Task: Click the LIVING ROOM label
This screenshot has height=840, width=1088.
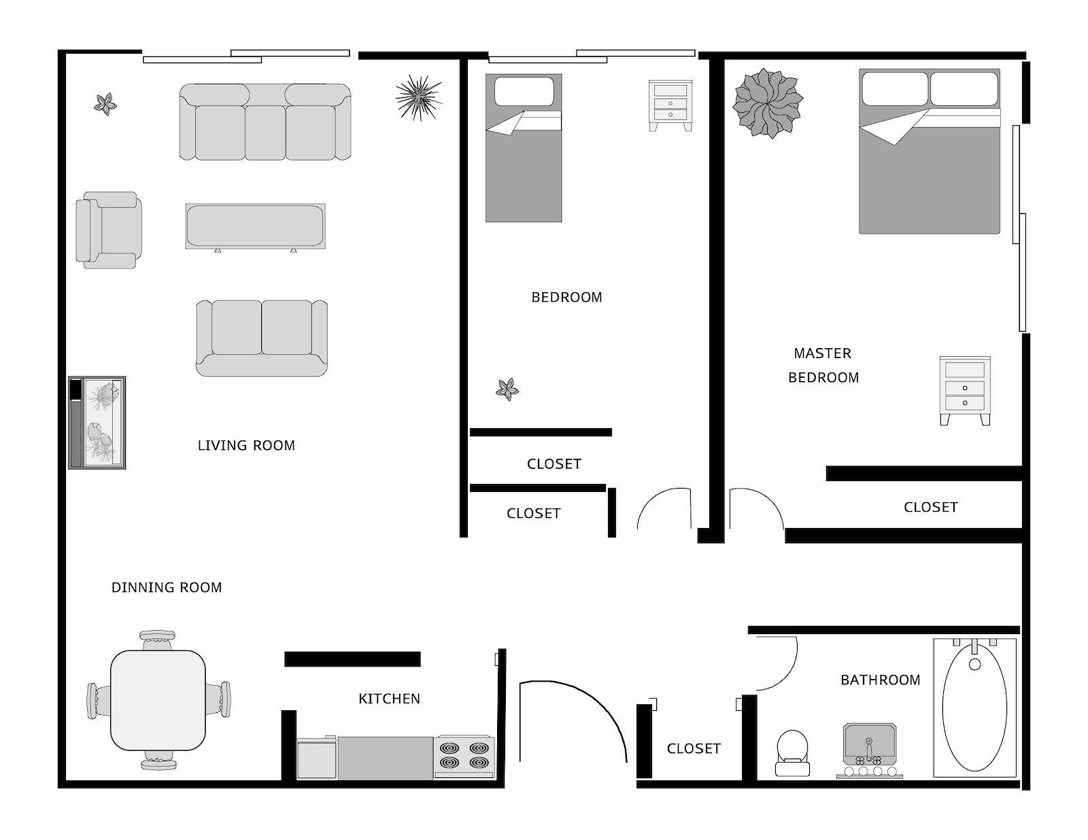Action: click(246, 446)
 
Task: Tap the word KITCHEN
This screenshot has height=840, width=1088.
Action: click(389, 699)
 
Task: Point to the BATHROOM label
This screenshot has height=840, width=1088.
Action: click(880, 680)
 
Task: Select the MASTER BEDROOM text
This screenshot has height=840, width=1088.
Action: click(823, 366)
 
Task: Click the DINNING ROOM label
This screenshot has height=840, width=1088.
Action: click(166, 587)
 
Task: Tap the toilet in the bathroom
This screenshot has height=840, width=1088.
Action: click(792, 753)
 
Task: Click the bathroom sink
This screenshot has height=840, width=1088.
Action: click(870, 750)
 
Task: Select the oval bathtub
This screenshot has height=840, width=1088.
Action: click(974, 708)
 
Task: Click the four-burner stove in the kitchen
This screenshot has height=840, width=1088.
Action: click(464, 757)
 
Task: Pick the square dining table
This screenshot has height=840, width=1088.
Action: click(158, 700)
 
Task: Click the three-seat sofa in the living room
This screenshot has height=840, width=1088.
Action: click(265, 122)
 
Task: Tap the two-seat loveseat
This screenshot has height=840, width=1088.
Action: click(262, 338)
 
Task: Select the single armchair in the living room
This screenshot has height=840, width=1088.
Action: click(109, 230)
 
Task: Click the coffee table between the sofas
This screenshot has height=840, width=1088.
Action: click(256, 226)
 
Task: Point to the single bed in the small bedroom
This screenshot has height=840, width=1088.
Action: click(524, 148)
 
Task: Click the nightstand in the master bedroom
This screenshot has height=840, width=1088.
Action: click(965, 391)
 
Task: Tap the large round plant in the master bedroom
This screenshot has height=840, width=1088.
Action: click(768, 103)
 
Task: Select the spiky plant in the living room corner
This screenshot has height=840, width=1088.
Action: click(419, 98)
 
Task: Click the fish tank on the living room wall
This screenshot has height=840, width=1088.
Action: click(97, 423)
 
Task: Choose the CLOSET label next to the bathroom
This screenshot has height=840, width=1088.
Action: click(694, 749)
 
